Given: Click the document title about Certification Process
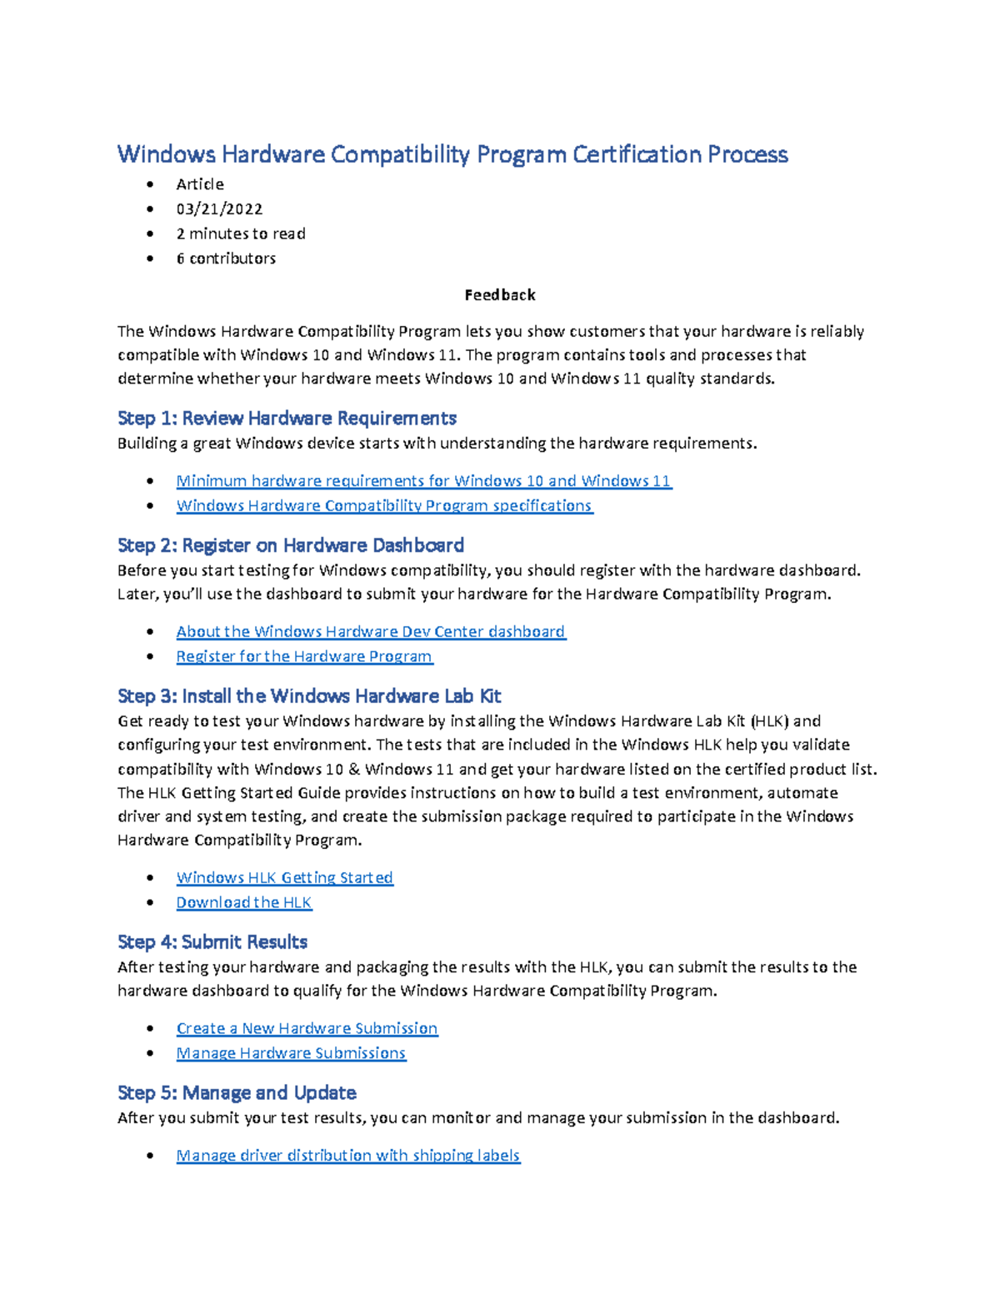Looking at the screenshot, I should [452, 154].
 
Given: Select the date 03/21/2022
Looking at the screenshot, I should [219, 208].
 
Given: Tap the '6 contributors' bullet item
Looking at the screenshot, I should [226, 258].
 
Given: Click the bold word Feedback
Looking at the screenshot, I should [500, 295].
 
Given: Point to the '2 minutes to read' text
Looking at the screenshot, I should [241, 233].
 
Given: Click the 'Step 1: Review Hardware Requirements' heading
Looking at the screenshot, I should [287, 418].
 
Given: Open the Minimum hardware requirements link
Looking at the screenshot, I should [423, 480].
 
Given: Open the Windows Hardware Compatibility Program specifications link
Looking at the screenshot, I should [384, 505].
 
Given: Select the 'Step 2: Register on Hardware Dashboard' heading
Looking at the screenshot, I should [291, 545].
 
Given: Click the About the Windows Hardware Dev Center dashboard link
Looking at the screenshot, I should [371, 631].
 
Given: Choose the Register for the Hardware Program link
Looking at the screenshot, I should [304, 656].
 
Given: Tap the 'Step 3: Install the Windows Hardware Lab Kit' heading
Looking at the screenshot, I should [309, 696].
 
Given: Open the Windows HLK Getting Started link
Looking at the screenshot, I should [284, 877].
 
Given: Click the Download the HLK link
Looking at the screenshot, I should [243, 902].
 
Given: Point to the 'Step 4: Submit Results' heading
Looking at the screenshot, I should [212, 942].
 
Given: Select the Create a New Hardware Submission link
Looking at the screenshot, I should [307, 1028].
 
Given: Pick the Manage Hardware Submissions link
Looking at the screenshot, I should [291, 1053].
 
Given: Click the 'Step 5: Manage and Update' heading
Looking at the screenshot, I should [237, 1093].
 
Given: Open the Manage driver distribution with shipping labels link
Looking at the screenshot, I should [347, 1155].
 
